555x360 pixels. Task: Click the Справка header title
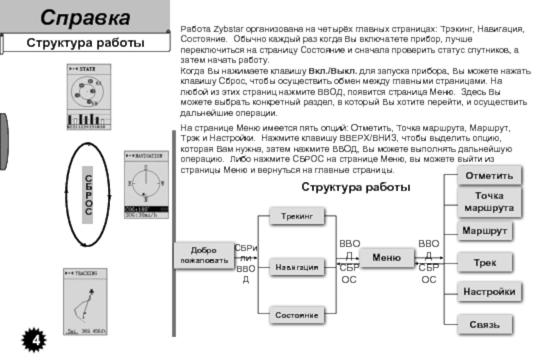(85, 17)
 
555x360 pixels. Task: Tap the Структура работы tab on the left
(85, 44)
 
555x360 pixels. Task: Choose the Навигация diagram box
(297, 266)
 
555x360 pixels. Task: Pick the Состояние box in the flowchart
(297, 315)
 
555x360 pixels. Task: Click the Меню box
(386, 258)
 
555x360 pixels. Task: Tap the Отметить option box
(489, 176)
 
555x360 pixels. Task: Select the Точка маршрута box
(489, 202)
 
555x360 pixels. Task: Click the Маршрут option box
(485, 230)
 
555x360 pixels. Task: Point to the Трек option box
(485, 263)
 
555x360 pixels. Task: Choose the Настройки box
(489, 292)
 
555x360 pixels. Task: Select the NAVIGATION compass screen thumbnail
(145, 184)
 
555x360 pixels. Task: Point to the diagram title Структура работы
(356, 187)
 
